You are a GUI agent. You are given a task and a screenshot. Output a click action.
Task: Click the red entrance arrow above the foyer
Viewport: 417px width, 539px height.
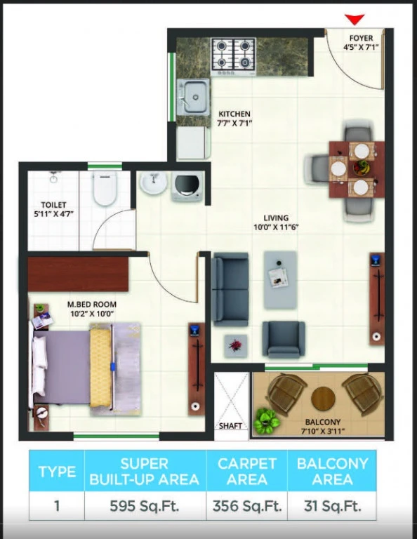pyautogui.click(x=354, y=19)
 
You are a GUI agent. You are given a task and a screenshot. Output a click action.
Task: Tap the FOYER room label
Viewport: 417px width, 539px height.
pyautogui.click(x=361, y=38)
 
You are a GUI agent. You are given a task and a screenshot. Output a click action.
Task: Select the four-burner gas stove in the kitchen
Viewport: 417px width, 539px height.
pyautogui.click(x=234, y=57)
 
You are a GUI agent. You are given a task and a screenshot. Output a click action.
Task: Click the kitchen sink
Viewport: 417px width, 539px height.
pyautogui.click(x=193, y=96)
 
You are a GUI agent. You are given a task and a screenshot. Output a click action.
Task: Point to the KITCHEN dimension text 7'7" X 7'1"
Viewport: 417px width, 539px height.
pyautogui.click(x=234, y=123)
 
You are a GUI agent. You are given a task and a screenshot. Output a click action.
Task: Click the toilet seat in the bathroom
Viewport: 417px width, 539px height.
pyautogui.click(x=105, y=188)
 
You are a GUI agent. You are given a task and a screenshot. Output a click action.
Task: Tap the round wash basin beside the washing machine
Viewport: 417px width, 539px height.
pyautogui.click(x=153, y=182)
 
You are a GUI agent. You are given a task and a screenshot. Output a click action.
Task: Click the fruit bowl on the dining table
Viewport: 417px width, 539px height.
pyautogui.click(x=362, y=168)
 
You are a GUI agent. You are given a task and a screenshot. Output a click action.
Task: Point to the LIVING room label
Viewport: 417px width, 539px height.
pyautogui.click(x=276, y=218)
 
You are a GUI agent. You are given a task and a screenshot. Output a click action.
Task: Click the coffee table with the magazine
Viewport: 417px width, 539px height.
pyautogui.click(x=280, y=279)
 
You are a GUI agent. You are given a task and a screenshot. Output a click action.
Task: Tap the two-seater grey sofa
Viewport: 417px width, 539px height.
pyautogui.click(x=230, y=289)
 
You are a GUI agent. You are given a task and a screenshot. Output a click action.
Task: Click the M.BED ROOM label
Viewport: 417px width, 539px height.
pyautogui.click(x=92, y=304)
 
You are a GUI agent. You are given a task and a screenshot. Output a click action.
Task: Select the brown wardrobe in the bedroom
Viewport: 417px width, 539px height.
pyautogui.click(x=78, y=274)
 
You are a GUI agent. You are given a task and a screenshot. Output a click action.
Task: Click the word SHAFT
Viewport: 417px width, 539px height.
pyautogui.click(x=230, y=426)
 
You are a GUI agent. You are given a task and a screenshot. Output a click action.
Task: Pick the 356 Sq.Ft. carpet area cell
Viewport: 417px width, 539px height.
pyautogui.click(x=247, y=506)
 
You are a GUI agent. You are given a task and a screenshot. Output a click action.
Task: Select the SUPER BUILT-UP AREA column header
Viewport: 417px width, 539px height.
pyautogui.click(x=145, y=472)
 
